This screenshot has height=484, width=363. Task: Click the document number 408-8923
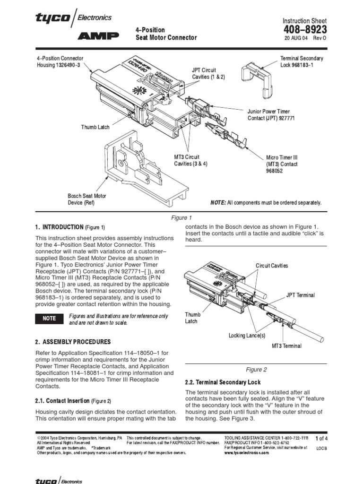click(x=304, y=30)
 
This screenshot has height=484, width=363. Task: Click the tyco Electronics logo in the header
click(x=73, y=18)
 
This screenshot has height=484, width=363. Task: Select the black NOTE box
click(x=50, y=319)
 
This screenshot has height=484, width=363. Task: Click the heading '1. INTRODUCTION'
click(x=59, y=227)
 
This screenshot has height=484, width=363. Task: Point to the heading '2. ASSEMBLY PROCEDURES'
click(x=73, y=342)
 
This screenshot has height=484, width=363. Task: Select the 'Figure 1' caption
click(x=181, y=218)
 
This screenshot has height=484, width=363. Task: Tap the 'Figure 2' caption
click(x=256, y=370)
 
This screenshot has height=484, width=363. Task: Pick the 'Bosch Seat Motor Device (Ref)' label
click(x=87, y=199)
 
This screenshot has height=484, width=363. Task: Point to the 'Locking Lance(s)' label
click(x=247, y=336)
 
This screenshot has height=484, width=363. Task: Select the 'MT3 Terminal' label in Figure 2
click(x=286, y=346)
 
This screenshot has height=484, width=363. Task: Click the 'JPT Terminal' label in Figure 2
click(x=300, y=295)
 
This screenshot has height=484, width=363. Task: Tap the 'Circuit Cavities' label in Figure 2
click(x=272, y=266)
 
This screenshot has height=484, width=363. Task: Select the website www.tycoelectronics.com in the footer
click(x=247, y=452)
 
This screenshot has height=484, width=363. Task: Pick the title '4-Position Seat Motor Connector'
click(x=166, y=34)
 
